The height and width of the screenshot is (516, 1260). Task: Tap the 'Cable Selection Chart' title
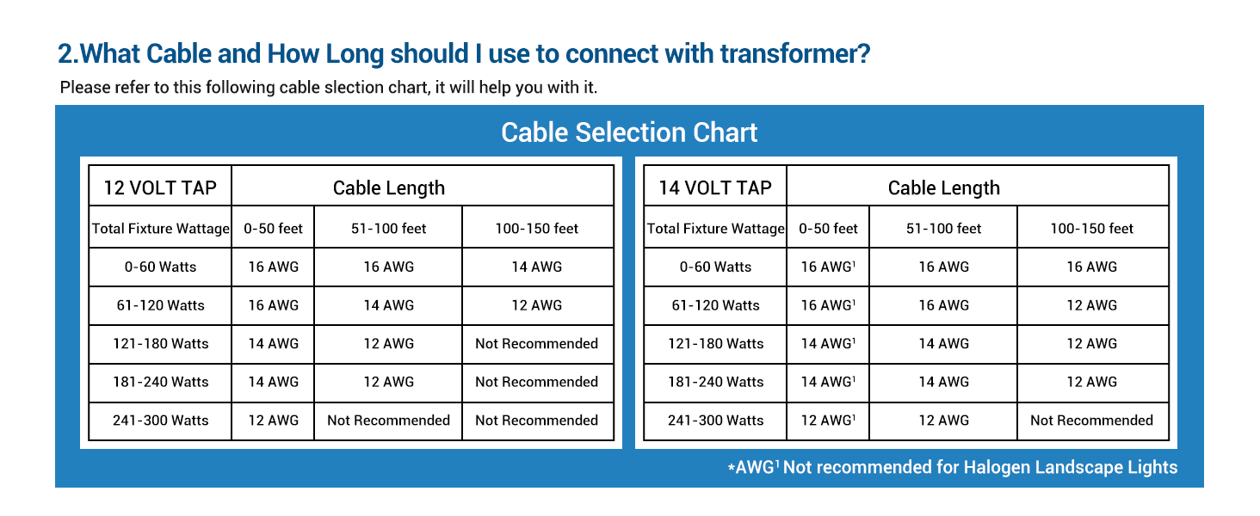coord(629,132)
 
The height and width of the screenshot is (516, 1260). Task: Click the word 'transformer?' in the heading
coord(795,54)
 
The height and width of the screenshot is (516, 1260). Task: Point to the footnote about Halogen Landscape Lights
coord(952,467)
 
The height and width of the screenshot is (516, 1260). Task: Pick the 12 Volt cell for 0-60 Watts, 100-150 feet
coord(537,267)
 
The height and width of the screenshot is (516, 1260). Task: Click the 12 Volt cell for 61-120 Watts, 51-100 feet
coord(389,305)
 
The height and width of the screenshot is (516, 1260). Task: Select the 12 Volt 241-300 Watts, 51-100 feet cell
coord(389,420)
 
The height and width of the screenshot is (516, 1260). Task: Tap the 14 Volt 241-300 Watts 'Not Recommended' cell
coord(1092,420)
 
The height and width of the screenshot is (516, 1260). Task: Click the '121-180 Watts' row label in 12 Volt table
coord(160,343)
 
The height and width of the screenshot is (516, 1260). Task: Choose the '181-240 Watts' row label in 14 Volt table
coord(715,382)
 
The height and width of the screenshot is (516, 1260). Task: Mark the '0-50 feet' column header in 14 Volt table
coord(828,228)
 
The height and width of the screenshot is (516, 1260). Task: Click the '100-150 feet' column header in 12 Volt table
coord(537,228)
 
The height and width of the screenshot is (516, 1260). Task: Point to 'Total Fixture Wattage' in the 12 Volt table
coord(160,228)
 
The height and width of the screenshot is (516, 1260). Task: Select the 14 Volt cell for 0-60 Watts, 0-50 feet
coord(828,267)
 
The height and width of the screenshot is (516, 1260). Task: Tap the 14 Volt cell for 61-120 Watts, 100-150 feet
coord(1092,305)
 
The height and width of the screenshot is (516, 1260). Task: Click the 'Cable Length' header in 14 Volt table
coord(944,187)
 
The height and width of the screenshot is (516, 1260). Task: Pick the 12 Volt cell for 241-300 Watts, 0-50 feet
coord(274,420)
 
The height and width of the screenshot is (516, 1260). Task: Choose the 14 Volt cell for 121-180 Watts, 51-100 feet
coord(944,343)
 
